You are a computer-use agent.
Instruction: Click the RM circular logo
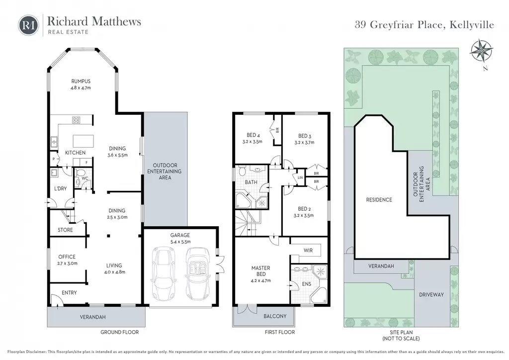[28, 25]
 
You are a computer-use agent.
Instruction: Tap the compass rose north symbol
[482, 51]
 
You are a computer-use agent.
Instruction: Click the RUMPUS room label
[81, 81]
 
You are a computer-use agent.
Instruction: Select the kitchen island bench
[84, 141]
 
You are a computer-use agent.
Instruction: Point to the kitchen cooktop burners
[76, 120]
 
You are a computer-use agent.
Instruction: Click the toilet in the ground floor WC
[80, 173]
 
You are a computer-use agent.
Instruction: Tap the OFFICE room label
[67, 257]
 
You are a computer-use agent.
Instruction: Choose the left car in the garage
[164, 273]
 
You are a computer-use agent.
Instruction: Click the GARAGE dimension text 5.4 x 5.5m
[180, 242]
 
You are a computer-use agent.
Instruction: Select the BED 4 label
[253, 135]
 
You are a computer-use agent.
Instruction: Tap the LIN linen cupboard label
[300, 178]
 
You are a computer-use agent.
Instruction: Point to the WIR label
[308, 250]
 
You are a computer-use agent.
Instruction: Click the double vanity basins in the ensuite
[301, 269]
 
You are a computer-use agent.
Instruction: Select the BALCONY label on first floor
[275, 316]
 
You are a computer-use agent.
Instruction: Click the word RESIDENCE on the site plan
[379, 199]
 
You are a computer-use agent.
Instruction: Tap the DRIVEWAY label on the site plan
[431, 294]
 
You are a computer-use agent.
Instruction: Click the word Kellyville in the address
[472, 25]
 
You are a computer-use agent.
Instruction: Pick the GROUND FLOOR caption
[119, 332]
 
